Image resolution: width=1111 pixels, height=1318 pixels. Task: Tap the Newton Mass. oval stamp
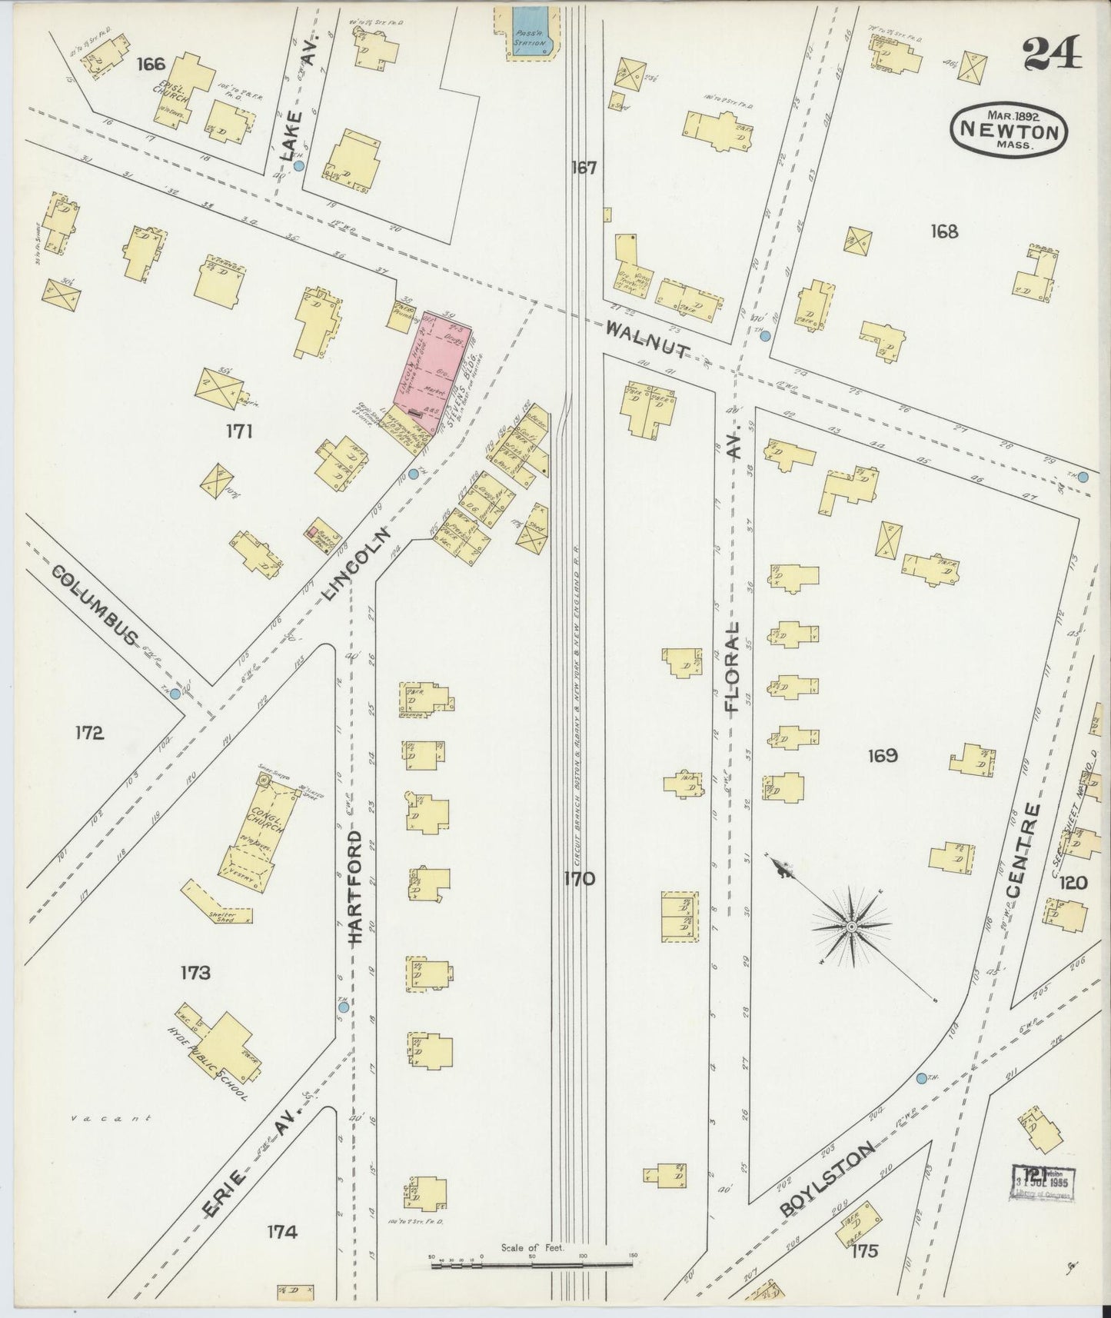coord(1009,128)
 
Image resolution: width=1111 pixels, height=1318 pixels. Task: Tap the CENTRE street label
coord(1023,851)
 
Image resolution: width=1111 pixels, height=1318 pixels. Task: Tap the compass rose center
coord(851,927)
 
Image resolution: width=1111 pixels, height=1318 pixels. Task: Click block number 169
coord(882,755)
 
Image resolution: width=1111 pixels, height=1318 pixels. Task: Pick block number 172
coord(89,733)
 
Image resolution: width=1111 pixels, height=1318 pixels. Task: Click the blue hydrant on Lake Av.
coord(299,165)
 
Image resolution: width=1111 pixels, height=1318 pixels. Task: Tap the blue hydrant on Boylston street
coord(922,1079)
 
